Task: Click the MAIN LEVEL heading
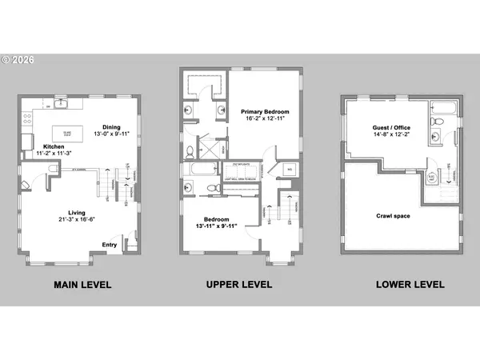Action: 82,284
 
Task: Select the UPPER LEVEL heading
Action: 239,284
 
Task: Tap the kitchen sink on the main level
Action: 60,105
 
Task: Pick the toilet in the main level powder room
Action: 50,168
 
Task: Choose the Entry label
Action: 110,245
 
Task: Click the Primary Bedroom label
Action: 265,111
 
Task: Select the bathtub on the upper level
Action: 198,170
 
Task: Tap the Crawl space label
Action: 394,216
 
